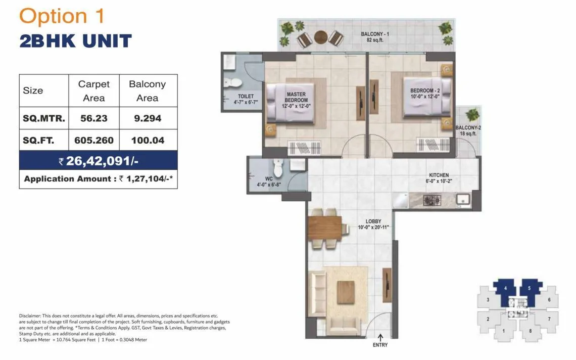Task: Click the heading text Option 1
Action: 62,16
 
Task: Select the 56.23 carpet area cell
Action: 93,118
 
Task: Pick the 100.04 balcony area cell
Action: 148,140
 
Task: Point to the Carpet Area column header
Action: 93,91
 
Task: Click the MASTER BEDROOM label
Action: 297,97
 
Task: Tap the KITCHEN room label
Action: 438,178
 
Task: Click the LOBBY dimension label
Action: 373,224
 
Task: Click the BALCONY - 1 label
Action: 375,37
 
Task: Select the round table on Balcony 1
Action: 320,37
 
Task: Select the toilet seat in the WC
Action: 277,166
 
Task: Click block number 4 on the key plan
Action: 505,288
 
